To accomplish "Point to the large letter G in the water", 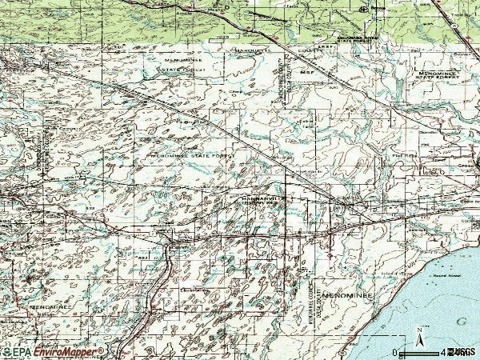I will pos(462,321).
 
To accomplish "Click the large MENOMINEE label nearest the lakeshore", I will pos(343,295).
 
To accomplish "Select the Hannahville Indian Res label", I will pos(259,200).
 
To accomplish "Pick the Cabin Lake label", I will pos(306,122).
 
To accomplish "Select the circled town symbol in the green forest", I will pos(363,9).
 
